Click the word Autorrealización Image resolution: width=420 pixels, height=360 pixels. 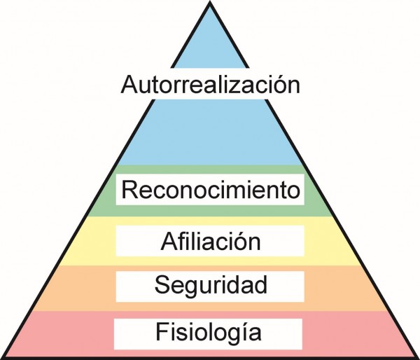[x=210, y=85]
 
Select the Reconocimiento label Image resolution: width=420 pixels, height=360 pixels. [x=210, y=190]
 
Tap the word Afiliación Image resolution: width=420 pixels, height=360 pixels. [x=210, y=242]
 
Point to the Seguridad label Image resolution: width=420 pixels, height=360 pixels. [x=210, y=285]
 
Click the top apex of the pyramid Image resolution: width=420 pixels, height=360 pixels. [x=210, y=3]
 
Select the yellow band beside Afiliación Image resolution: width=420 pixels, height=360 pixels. [x=329, y=242]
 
